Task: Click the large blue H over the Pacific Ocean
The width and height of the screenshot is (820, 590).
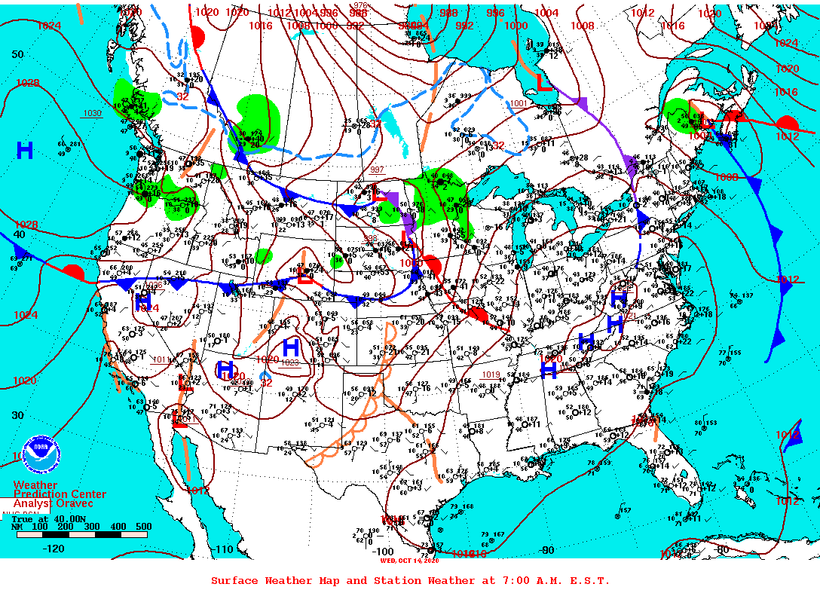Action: [x=24, y=151]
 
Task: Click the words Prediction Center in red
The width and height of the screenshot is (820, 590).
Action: [x=60, y=494]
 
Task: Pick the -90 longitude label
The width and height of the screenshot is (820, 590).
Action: [x=546, y=550]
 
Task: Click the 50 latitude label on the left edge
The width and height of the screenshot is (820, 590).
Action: [x=17, y=54]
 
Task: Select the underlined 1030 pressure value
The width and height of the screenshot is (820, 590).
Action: [x=92, y=113]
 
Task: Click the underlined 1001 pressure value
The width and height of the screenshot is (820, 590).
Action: [x=519, y=104]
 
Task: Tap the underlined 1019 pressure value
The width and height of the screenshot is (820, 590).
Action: [x=491, y=374]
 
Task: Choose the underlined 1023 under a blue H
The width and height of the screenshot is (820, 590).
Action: [x=291, y=362]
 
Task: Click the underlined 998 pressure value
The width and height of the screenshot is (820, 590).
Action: [x=370, y=238]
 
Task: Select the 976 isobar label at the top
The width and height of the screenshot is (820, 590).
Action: [x=360, y=6]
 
